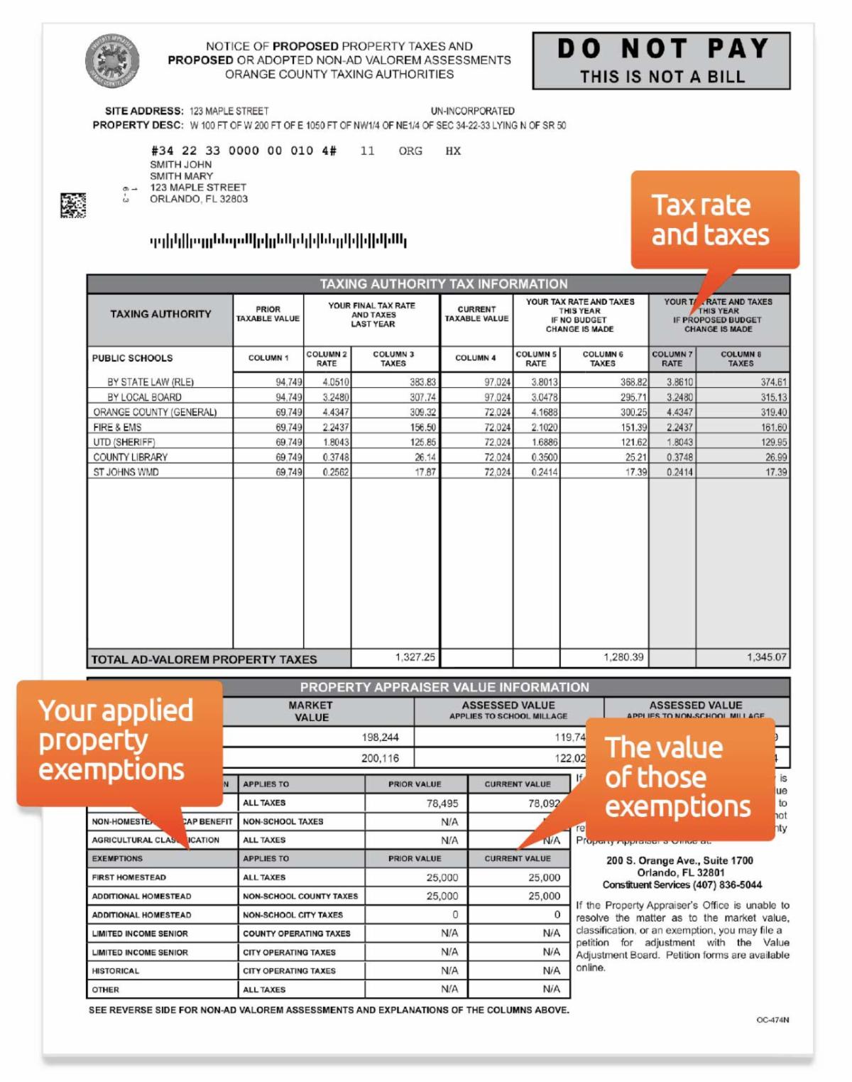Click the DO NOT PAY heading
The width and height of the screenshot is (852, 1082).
pyautogui.click(x=662, y=48)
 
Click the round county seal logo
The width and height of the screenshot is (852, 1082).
pyautogui.click(x=112, y=61)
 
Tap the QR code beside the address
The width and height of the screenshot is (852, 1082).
pyautogui.click(x=73, y=205)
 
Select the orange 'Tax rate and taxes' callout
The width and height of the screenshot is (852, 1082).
pyautogui.click(x=714, y=220)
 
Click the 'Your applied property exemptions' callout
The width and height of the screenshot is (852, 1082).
pyautogui.click(x=118, y=740)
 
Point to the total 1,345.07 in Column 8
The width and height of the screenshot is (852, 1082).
pyautogui.click(x=766, y=657)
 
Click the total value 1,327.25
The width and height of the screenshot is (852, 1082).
pyautogui.click(x=415, y=657)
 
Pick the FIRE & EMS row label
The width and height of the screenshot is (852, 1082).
pyautogui.click(x=117, y=427)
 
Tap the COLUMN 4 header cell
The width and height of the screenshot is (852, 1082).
pyautogui.click(x=476, y=358)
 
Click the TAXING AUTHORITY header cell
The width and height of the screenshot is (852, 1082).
pyautogui.click(x=160, y=314)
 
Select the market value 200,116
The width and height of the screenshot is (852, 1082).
pyautogui.click(x=380, y=758)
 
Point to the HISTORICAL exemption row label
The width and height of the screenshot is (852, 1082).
pyautogui.click(x=116, y=970)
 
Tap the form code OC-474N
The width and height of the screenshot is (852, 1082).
pyautogui.click(x=772, y=1019)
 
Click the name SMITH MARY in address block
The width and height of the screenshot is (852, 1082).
pyautogui.click(x=181, y=175)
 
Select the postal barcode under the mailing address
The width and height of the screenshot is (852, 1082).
pyautogui.click(x=278, y=241)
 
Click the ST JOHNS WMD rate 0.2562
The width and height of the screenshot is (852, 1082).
pyautogui.click(x=335, y=472)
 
